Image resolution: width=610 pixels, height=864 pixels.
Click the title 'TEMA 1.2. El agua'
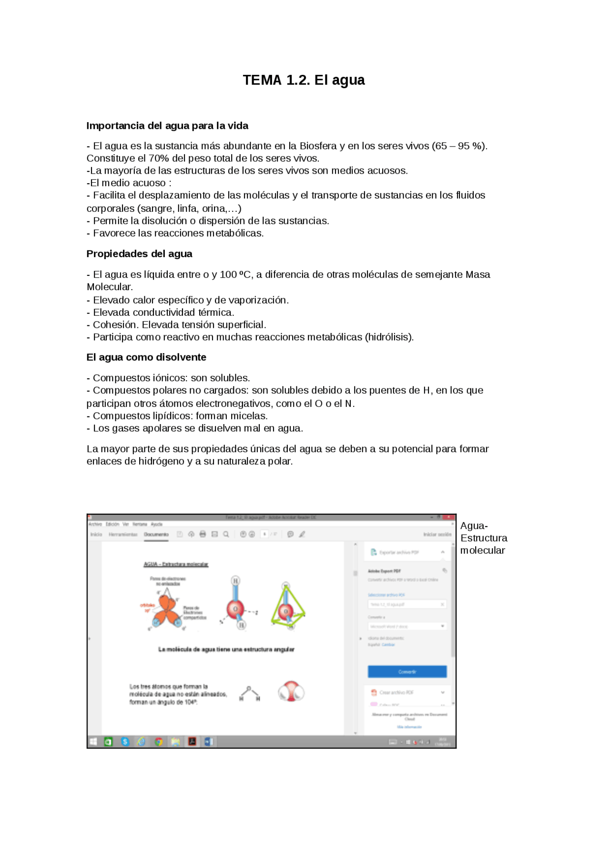pyautogui.click(x=304, y=80)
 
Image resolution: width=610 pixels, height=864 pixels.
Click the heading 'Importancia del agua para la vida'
pyautogui.click(x=167, y=126)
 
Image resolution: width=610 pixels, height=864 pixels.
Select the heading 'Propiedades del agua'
pyautogui.click(x=139, y=254)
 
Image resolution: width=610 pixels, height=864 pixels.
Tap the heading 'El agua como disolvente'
pyautogui.click(x=146, y=357)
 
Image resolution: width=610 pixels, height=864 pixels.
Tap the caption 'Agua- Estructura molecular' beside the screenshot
pyautogui.click(x=483, y=538)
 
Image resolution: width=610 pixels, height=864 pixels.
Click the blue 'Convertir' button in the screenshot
pyautogui.click(x=407, y=672)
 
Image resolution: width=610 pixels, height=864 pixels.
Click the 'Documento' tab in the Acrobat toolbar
pyautogui.click(x=156, y=534)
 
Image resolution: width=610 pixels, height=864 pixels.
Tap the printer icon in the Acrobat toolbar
pyautogui.click(x=203, y=534)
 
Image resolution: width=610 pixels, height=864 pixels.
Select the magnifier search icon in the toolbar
pyautogui.click(x=226, y=534)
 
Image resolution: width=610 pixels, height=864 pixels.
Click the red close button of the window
pyautogui.click(x=449, y=517)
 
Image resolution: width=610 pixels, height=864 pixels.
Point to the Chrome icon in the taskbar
pyautogui.click(x=159, y=742)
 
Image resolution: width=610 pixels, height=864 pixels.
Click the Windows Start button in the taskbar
pyautogui.click(x=93, y=742)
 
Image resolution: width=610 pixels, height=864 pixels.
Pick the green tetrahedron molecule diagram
pyautogui.click(x=287, y=606)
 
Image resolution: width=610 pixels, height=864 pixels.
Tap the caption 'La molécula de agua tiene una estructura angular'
pyautogui.click(x=226, y=649)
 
